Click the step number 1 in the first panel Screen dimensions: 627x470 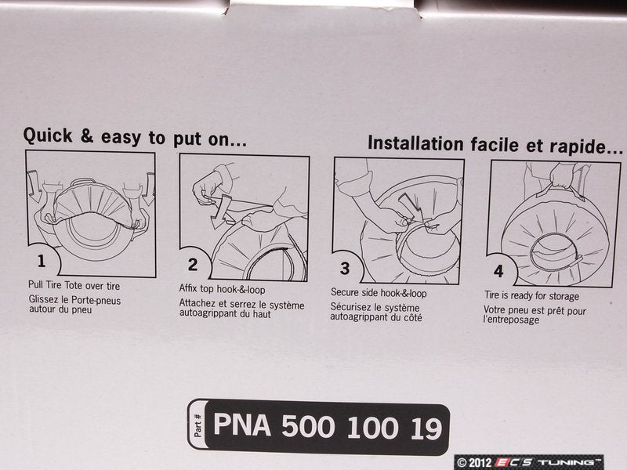point(42,261)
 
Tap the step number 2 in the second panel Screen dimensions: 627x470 point(193,264)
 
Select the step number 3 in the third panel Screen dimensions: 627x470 point(345,268)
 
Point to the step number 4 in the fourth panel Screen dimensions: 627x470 point(498,271)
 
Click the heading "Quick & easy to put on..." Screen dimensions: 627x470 point(135,137)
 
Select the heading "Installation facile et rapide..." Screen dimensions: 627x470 point(495,144)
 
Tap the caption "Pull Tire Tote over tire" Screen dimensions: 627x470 point(74,286)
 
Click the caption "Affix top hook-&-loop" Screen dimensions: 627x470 point(222,288)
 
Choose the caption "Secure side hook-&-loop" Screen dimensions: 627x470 point(379,293)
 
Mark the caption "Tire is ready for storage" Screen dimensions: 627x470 point(532,296)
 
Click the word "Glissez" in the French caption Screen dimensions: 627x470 point(44,300)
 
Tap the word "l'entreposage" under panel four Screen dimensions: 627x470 point(511,320)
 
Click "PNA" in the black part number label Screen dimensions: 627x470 point(242,425)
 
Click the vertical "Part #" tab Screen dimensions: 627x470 point(198,425)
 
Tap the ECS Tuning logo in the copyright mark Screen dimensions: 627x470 point(548,462)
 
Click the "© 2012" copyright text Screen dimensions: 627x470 point(474,463)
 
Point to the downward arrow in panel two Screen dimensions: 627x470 point(219,211)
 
